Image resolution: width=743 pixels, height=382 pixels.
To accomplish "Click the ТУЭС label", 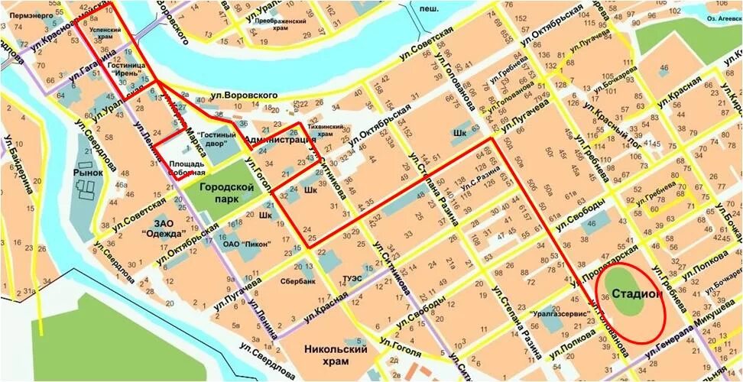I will [352, 277].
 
